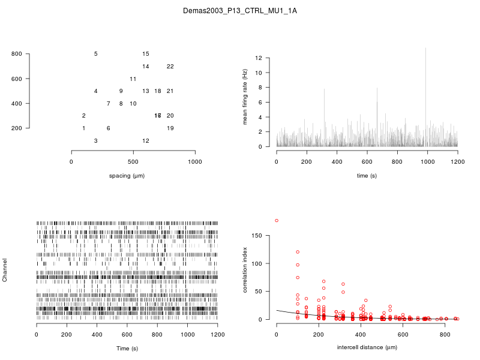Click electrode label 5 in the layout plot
tap(96, 54)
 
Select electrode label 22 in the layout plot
tap(170, 67)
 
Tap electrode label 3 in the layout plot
tap(96, 140)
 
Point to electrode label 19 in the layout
tap(170, 128)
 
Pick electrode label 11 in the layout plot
tap(133, 79)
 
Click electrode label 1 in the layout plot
tap(83, 128)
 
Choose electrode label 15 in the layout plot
tap(145, 54)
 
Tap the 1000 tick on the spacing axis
tap(194, 161)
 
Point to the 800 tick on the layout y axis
tap(17, 54)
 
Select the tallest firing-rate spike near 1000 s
tap(425, 49)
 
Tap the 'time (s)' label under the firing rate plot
tap(367, 176)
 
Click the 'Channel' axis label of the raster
tap(5, 271)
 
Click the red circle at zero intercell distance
tap(277, 221)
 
